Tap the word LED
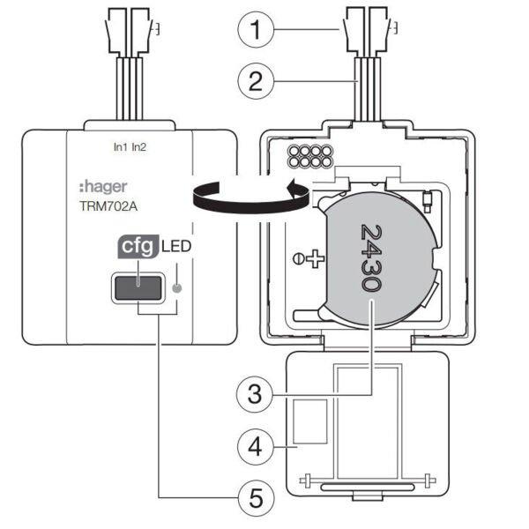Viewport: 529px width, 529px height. (176, 248)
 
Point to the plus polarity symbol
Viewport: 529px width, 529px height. (315, 260)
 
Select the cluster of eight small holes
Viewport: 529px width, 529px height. (309, 156)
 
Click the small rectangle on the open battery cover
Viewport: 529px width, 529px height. (309, 421)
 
